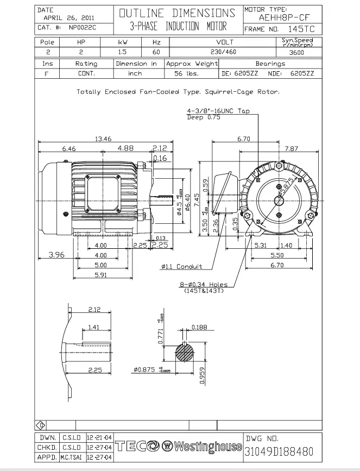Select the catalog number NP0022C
[x=82, y=27]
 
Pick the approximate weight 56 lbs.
[x=186, y=73]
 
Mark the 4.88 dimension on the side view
[x=125, y=148]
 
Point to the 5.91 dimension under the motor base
[x=100, y=275]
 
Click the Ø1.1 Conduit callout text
[x=181, y=267]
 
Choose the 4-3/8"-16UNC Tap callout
[x=218, y=111]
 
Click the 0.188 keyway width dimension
[x=200, y=327]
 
